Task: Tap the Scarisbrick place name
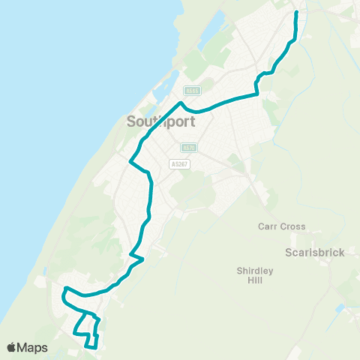[x=314, y=253]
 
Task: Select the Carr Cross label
[x=278, y=226]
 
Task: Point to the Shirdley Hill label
[x=256, y=275]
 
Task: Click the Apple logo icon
[x=13, y=347]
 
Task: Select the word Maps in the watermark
[x=34, y=347]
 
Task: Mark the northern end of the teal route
[x=296, y=13]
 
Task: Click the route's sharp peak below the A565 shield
[x=181, y=103]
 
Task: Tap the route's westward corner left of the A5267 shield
[x=132, y=161]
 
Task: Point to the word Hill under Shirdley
[x=256, y=280]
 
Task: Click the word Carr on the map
[x=266, y=226]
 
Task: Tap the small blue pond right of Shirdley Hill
[x=340, y=308]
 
